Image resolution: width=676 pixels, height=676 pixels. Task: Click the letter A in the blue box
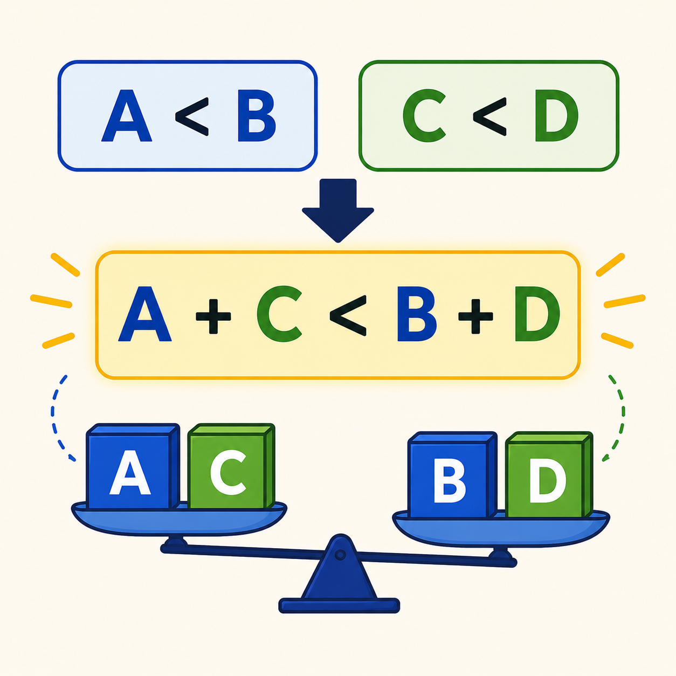click(x=127, y=115)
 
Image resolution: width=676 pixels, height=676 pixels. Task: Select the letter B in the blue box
click(x=257, y=115)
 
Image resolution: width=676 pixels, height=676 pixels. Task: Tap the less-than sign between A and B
click(x=192, y=116)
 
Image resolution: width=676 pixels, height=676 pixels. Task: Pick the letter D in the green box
click(x=556, y=116)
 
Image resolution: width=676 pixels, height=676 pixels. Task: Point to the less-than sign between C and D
click(x=489, y=116)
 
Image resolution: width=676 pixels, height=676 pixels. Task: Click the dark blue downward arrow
click(x=338, y=210)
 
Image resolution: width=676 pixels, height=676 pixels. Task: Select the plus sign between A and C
click(x=213, y=316)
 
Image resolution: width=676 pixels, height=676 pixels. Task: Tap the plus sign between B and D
click(x=475, y=316)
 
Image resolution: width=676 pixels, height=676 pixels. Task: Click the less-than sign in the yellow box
click(x=348, y=315)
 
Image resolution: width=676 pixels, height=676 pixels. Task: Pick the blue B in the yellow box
click(x=417, y=314)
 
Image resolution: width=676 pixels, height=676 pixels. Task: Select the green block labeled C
click(x=231, y=466)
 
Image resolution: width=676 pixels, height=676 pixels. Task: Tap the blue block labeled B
click(x=452, y=474)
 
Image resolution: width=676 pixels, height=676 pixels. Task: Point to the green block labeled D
click(x=549, y=474)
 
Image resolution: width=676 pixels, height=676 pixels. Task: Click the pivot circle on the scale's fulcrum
click(x=340, y=555)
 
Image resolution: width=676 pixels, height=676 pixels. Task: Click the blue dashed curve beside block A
click(x=53, y=417)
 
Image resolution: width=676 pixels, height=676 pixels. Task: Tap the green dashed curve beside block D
click(x=623, y=417)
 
